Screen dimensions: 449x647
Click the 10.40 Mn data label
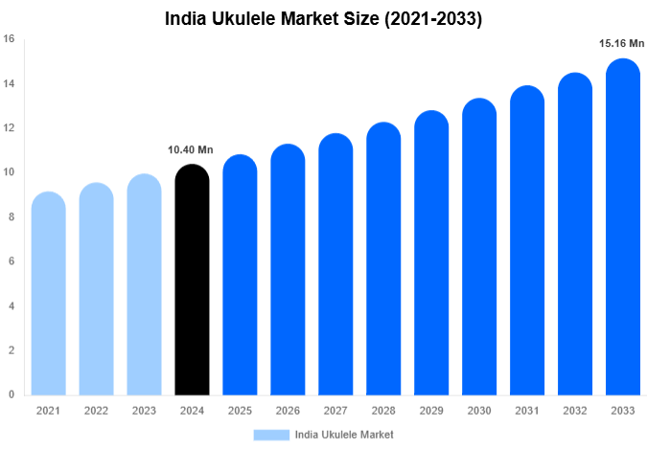click(192, 149)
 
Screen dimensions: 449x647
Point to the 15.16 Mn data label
click(621, 43)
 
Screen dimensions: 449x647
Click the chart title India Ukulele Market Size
click(323, 18)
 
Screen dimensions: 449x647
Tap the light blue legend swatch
click(271, 434)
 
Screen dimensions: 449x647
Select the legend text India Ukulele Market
click(345, 434)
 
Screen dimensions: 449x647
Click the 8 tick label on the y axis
click(11, 217)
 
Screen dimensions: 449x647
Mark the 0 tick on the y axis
click(11, 394)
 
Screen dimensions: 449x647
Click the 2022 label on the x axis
click(96, 411)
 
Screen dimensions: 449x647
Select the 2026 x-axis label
click(288, 411)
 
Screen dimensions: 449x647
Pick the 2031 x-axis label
click(527, 411)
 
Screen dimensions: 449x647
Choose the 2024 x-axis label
click(192, 411)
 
